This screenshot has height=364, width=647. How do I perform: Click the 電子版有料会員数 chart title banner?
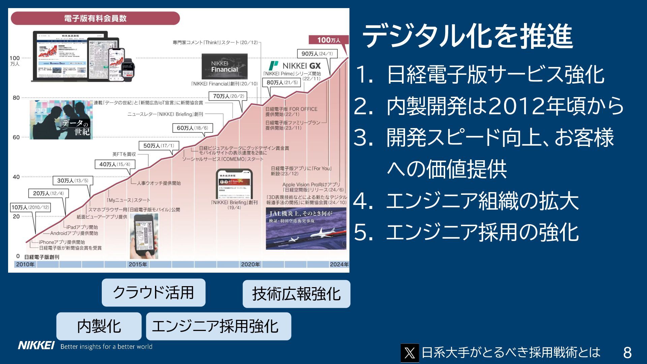(x=95, y=18)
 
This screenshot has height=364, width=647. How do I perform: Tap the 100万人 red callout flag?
(x=329, y=40)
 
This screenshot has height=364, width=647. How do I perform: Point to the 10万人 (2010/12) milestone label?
(x=30, y=207)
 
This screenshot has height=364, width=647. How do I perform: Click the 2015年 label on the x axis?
(x=138, y=264)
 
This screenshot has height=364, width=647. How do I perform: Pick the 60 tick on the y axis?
(x=16, y=137)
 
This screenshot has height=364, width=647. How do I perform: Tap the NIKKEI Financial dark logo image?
(x=224, y=66)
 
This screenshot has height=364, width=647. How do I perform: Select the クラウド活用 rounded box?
(x=153, y=293)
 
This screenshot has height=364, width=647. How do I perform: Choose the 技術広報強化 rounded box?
(x=296, y=294)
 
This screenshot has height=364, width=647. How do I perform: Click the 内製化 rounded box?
(x=99, y=326)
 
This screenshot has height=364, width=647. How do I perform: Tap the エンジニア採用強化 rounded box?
(x=218, y=326)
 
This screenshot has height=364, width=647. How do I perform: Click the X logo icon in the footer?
(x=409, y=353)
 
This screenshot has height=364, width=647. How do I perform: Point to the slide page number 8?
(x=627, y=353)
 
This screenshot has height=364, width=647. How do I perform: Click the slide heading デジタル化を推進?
(x=467, y=36)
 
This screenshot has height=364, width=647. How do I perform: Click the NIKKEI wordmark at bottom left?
(x=36, y=345)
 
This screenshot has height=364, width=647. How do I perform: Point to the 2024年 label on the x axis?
(x=339, y=264)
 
